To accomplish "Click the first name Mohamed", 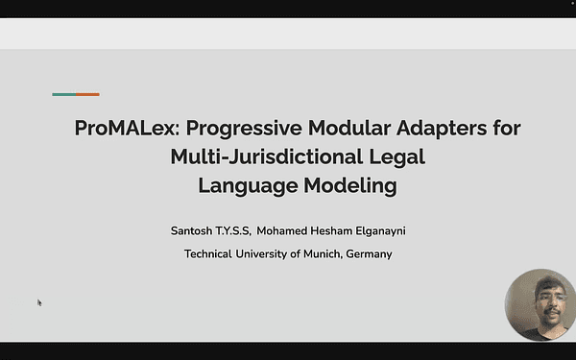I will point(287,230).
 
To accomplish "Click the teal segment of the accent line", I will point(64,94).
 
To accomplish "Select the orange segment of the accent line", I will point(88,94).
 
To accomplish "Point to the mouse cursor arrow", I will point(39,302).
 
